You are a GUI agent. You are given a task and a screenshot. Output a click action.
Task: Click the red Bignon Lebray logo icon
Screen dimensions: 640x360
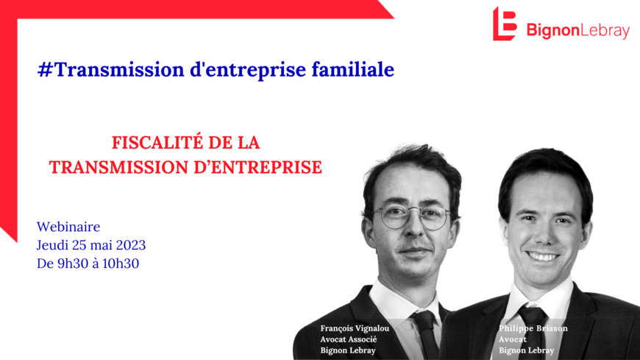click(x=505, y=24)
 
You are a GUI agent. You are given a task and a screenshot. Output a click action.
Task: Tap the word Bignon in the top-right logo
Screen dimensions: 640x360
click(x=553, y=31)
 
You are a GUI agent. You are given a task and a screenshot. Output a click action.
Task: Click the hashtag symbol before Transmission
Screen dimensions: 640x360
click(x=45, y=69)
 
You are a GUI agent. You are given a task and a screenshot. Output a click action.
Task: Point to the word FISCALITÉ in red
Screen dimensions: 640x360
click(x=157, y=143)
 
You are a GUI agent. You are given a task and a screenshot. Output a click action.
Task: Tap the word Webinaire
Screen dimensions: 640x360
click(x=68, y=227)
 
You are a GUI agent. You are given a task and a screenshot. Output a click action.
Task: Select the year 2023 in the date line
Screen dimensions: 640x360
click(x=131, y=245)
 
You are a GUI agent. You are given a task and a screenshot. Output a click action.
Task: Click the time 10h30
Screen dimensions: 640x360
click(x=121, y=264)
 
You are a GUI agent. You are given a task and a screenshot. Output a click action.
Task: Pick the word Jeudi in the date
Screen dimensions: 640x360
click(x=53, y=245)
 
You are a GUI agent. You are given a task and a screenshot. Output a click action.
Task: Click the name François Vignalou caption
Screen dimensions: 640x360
click(x=355, y=328)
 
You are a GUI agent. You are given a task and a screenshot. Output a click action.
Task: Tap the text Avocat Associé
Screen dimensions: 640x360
click(x=348, y=339)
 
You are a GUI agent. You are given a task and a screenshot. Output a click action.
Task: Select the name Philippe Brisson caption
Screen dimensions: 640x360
click(x=533, y=328)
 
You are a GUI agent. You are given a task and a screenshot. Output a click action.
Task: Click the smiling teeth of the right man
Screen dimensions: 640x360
click(x=542, y=257)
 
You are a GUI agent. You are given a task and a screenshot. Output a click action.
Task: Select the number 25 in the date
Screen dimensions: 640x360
click(x=79, y=245)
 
